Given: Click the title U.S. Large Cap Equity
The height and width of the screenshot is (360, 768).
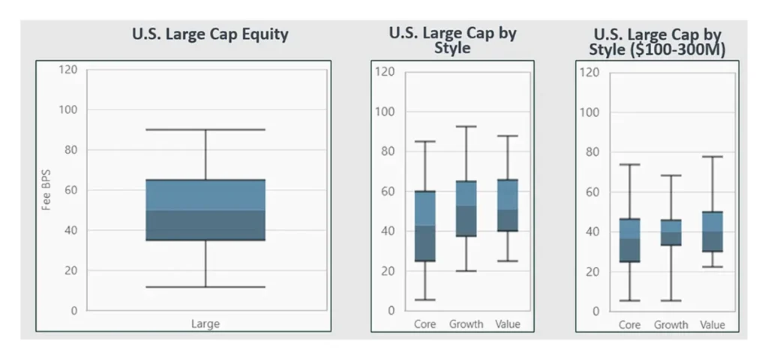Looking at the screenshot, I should [210, 34].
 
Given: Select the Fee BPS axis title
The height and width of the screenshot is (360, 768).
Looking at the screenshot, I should [46, 190].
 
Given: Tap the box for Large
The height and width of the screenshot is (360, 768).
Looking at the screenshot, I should [205, 210].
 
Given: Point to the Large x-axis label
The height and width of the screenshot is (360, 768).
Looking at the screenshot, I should [205, 324].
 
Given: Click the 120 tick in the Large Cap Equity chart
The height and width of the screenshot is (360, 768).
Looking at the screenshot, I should [68, 70].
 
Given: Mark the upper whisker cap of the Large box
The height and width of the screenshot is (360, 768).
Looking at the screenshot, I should [205, 130].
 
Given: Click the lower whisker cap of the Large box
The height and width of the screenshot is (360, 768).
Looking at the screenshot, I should [205, 286].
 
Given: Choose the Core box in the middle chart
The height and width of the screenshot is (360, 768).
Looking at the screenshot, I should [425, 226].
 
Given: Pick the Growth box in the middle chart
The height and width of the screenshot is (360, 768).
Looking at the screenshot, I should [466, 208].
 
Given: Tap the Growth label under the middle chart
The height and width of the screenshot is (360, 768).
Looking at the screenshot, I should [466, 325].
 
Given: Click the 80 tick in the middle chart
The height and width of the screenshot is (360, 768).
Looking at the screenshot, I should [387, 151].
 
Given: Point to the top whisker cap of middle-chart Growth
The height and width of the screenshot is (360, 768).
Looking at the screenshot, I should [466, 127].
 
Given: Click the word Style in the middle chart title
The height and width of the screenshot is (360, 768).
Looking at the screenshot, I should [452, 48].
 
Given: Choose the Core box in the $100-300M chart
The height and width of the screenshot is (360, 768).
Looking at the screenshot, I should [629, 240].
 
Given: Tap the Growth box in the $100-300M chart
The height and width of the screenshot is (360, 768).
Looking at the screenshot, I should [670, 232].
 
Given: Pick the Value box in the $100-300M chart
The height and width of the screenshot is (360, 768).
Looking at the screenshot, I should [712, 232].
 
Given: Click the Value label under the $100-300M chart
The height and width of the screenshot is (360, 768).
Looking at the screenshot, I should [712, 325].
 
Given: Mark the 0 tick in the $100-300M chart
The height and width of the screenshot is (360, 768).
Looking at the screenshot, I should [595, 311].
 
